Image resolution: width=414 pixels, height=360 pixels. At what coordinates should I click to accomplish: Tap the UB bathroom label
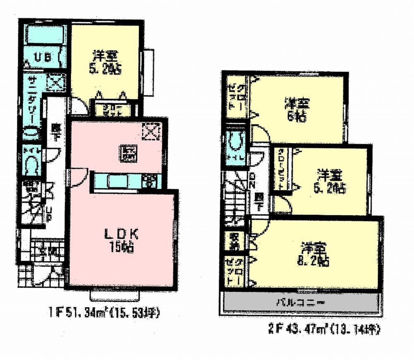point(42,58)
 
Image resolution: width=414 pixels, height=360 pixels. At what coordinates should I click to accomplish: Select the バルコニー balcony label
point(301,302)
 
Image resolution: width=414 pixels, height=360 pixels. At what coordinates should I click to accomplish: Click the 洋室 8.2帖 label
point(315,255)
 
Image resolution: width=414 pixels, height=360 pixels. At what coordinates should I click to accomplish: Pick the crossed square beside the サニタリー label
point(54,82)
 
